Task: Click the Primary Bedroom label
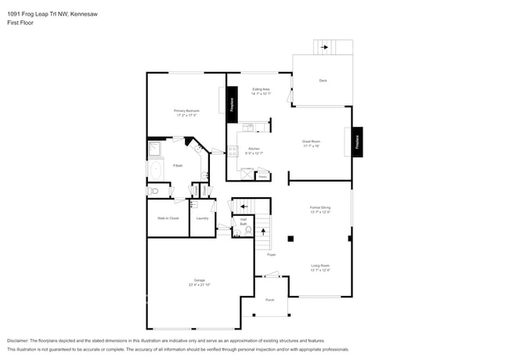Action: point(186,111)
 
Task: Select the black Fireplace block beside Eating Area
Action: point(232,105)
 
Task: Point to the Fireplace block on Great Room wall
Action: point(357,142)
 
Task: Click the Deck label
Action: point(323,81)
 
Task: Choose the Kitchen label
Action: point(254,149)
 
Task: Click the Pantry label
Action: point(263,177)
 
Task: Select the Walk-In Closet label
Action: point(168,218)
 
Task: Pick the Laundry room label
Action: point(202,218)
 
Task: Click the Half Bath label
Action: point(244,221)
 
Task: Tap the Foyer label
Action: point(271,254)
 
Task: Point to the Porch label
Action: point(269,301)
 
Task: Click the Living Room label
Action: point(319,266)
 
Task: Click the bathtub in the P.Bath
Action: point(154,170)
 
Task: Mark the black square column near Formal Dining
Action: point(291,238)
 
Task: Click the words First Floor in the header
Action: point(21,23)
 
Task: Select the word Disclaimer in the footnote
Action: point(20,341)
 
